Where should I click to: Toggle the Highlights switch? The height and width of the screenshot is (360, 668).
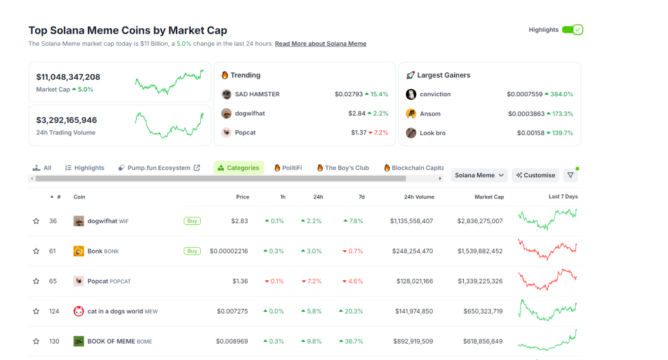572,30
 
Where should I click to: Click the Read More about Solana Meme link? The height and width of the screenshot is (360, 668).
320,44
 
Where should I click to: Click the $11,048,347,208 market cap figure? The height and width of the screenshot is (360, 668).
68,77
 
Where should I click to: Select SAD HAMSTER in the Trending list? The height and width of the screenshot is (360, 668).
257,95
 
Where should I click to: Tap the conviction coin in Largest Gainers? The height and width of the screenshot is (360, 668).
435,95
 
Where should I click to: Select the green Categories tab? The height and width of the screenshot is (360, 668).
238,168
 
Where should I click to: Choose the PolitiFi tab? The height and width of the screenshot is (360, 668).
288,168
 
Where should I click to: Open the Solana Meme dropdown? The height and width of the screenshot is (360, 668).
479,175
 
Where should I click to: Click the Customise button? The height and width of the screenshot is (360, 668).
535,175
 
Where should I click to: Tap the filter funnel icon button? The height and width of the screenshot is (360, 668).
570,175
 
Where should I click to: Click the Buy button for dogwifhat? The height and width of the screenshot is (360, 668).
192,221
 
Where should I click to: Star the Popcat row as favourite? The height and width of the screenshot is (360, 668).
36,281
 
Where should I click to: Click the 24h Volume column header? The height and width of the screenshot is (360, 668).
419,197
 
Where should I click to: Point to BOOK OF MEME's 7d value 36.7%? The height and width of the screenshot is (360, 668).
353,341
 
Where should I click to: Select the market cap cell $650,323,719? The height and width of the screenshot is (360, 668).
480,311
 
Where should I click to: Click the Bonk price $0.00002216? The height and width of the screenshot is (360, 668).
229,251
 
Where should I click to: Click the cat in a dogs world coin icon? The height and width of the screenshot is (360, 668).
79,311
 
